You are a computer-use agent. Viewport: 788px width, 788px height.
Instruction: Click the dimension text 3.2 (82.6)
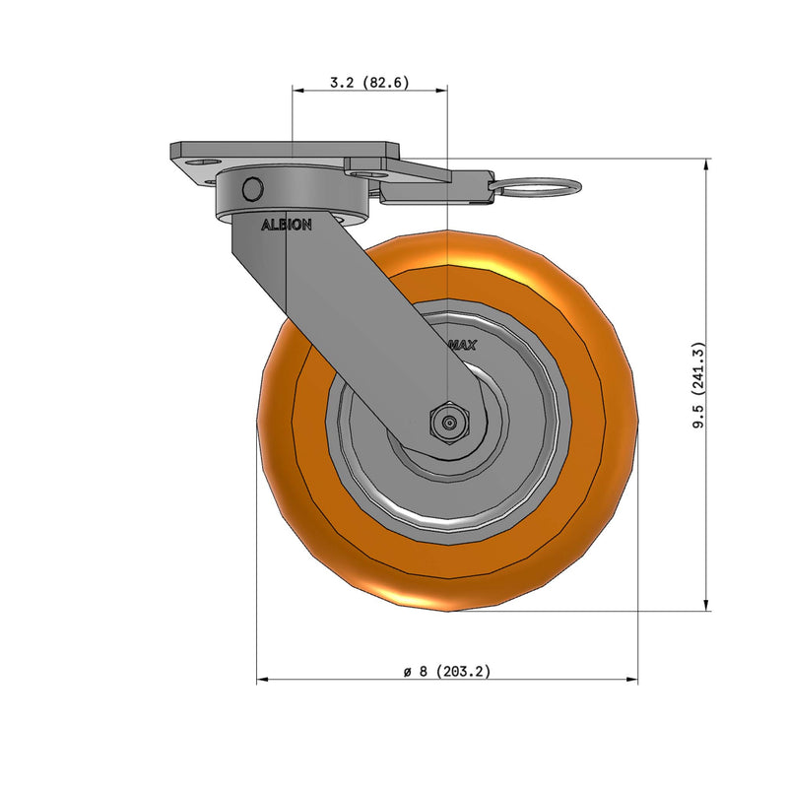368,83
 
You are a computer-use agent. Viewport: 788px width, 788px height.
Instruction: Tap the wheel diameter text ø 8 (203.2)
446,671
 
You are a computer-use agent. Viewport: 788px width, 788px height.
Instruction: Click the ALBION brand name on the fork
286,225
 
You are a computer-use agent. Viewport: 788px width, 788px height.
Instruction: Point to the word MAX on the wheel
462,346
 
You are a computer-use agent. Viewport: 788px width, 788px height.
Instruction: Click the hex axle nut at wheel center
448,423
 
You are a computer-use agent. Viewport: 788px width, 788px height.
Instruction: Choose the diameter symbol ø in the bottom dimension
407,672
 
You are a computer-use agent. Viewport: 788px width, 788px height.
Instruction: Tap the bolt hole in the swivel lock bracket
370,173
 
